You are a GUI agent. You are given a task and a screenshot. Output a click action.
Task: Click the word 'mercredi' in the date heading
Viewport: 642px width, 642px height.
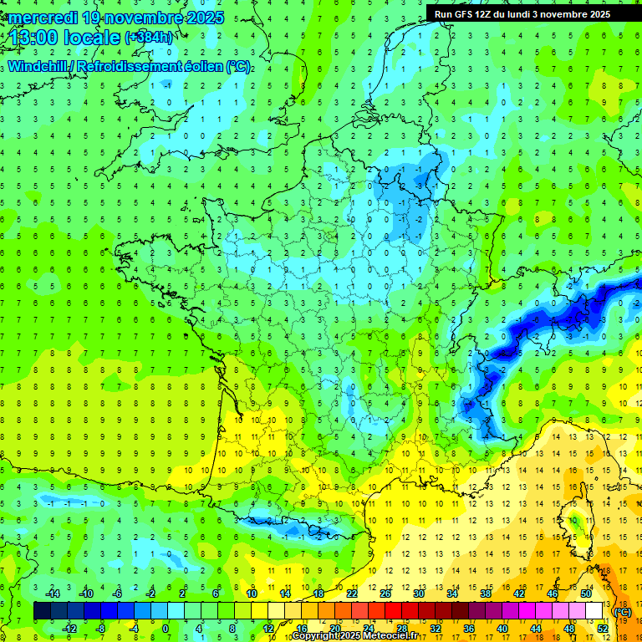point(43,18)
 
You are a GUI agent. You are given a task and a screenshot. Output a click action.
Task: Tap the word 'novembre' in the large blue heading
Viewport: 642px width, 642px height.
point(143,18)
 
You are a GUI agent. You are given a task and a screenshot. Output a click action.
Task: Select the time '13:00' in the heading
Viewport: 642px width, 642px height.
point(34,37)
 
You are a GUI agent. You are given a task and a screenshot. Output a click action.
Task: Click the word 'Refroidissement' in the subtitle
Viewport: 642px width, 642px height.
point(135,66)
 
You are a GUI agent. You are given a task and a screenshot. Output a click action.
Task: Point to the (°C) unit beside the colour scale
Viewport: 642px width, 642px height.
point(623,611)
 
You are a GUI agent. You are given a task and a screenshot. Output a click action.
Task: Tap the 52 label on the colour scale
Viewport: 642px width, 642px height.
point(603,629)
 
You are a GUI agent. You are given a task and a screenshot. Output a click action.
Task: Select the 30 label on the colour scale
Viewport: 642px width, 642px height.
point(419,594)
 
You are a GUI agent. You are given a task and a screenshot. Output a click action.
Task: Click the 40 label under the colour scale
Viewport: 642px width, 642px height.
point(502,629)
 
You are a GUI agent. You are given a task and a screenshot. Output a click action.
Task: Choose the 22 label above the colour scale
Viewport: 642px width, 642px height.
point(352,594)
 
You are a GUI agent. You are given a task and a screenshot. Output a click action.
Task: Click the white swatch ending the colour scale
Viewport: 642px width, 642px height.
point(594,611)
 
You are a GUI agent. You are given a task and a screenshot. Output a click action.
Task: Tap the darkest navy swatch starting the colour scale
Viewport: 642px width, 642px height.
point(43,611)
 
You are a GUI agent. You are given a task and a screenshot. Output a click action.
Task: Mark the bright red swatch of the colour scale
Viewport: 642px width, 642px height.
point(394,611)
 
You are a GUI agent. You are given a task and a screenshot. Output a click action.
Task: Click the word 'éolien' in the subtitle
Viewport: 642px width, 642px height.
point(204,66)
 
